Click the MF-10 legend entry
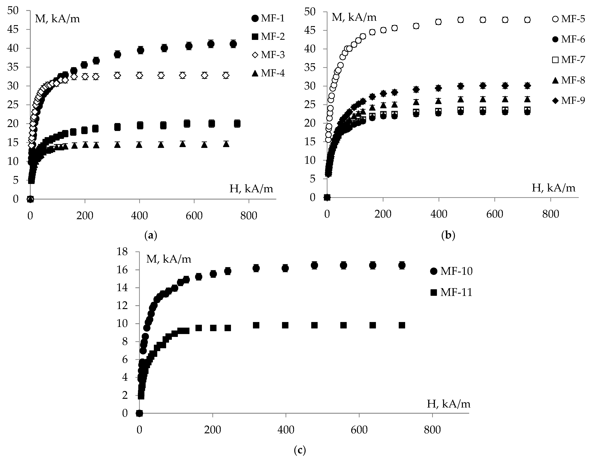pyautogui.click(x=451, y=271)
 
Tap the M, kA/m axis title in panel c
pyautogui.click(x=169, y=259)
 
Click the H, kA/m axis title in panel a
pyautogui.click(x=251, y=189)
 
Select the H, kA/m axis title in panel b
pyautogui.click(x=553, y=188)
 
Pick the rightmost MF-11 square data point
pyautogui.click(x=402, y=325)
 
